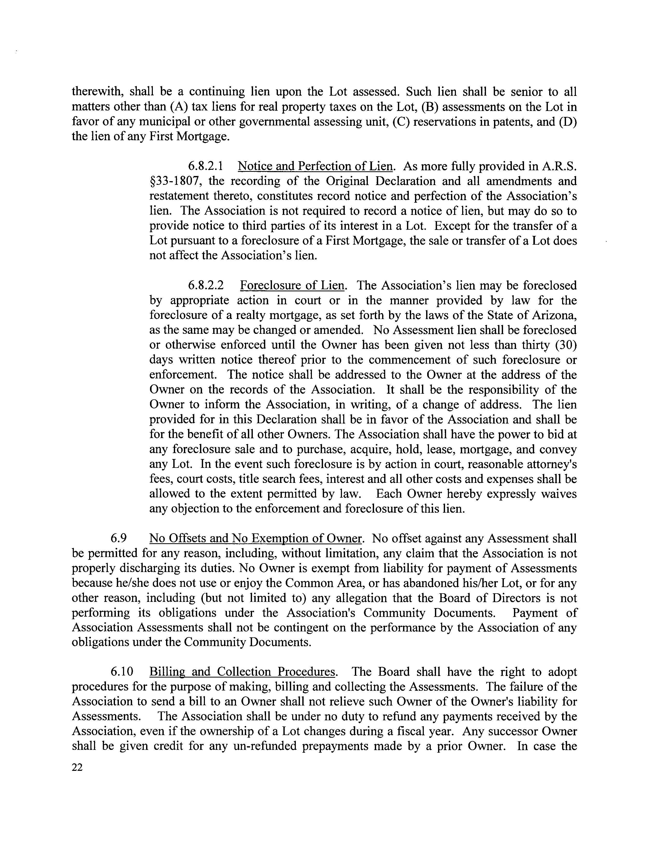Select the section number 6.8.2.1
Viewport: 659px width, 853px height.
[206, 166]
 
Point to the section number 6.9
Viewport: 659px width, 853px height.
[119, 539]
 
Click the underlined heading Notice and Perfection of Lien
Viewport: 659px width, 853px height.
[315, 166]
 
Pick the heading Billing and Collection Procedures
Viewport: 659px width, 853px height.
[242, 672]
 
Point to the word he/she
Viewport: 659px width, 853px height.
[130, 583]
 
